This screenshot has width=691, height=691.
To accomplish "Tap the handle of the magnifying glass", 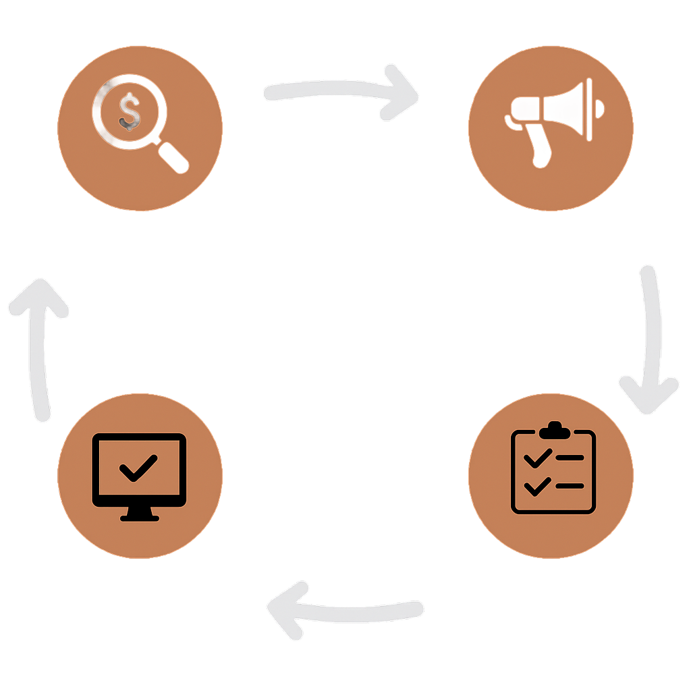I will [x=174, y=158].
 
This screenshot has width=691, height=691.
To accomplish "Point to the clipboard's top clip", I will [x=554, y=429].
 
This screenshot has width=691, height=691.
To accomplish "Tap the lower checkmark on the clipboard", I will [x=537, y=485].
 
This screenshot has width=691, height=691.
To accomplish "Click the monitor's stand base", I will [x=140, y=518].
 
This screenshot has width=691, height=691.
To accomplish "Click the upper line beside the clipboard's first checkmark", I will [x=570, y=458].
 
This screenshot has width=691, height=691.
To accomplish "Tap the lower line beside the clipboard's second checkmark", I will [x=570, y=485].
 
